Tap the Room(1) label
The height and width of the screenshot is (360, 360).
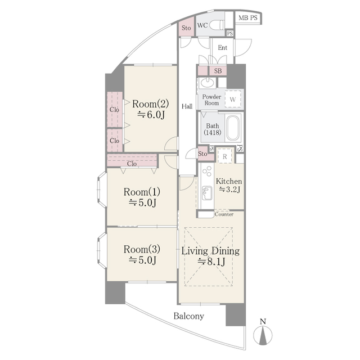click(x=142, y=191)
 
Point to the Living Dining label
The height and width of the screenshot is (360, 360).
click(x=210, y=251)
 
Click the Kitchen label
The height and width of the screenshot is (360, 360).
click(x=229, y=182)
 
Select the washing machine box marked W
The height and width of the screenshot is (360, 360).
click(x=232, y=100)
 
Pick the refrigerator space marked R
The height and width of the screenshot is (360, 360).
click(x=224, y=156)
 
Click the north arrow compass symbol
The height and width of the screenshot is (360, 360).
click(x=263, y=334)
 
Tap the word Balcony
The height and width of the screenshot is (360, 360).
click(x=188, y=316)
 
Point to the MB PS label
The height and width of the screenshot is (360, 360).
click(x=247, y=18)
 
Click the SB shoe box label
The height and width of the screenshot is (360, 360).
click(x=218, y=71)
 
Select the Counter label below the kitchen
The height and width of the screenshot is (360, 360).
click(x=224, y=214)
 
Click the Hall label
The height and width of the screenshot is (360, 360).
click(x=187, y=106)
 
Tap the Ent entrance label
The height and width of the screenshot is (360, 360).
click(x=222, y=48)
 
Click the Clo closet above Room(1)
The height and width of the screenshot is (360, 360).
click(x=132, y=163)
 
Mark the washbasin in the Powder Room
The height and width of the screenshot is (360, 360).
click(x=207, y=84)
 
